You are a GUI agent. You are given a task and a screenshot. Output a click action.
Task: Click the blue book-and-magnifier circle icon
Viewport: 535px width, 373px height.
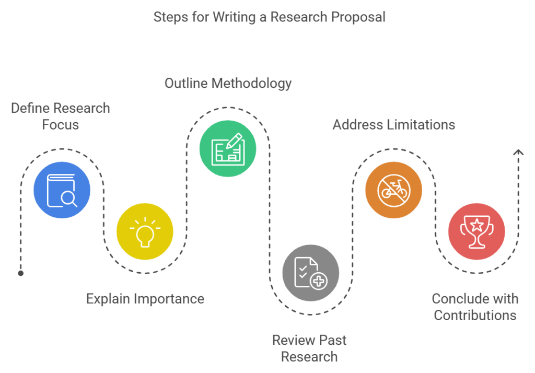click(x=62, y=190)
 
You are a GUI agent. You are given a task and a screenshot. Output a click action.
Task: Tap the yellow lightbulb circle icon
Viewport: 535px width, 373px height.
click(x=145, y=231)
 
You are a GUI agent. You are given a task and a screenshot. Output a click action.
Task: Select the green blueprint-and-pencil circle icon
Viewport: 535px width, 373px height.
click(x=228, y=148)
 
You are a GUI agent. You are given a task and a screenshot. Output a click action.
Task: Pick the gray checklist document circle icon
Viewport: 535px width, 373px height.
click(x=311, y=273)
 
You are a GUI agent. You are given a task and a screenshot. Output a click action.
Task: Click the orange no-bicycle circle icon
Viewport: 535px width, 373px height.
click(x=393, y=190)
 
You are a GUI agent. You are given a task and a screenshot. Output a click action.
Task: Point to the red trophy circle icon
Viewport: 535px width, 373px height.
click(x=476, y=231)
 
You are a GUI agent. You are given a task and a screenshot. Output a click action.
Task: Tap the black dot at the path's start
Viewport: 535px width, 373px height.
click(x=20, y=273)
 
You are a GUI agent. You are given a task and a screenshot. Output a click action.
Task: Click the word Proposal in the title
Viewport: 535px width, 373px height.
click(x=358, y=17)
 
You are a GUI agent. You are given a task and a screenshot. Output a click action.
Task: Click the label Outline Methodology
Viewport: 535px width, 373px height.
click(x=228, y=83)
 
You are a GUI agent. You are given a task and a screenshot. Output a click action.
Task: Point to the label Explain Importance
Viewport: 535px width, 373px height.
click(x=145, y=299)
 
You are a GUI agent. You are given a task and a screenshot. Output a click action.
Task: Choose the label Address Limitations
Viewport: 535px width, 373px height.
click(x=393, y=125)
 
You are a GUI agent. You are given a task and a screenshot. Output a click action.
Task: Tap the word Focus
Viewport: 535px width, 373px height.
click(x=61, y=125)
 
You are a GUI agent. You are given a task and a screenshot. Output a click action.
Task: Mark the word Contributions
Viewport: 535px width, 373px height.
click(x=475, y=315)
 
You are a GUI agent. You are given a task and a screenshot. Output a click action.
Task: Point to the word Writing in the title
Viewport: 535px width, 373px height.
click(x=234, y=17)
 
